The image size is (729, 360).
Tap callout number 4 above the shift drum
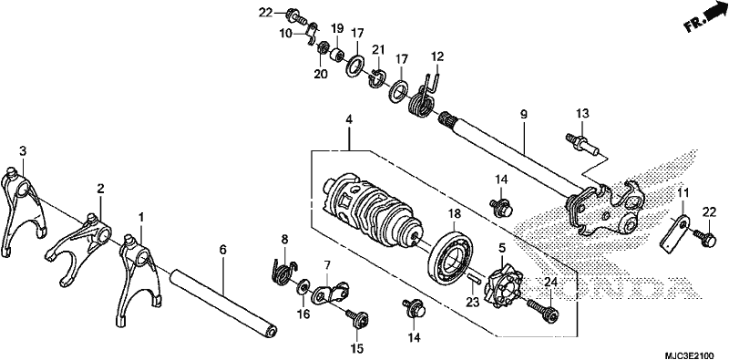(349, 119)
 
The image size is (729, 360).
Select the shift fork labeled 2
(80, 246)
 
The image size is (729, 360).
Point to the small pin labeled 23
(474, 278)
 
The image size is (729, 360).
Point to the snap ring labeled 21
(378, 78)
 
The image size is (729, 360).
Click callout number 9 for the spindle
(524, 115)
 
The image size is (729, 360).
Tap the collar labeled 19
(337, 54)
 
